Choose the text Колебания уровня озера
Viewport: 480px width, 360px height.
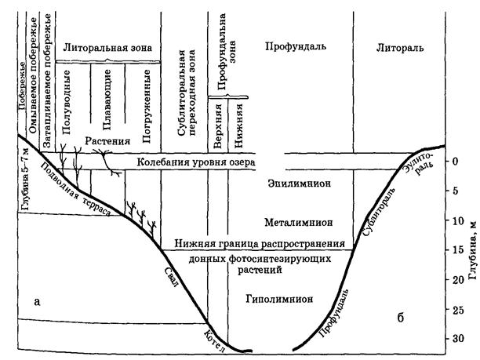click(196, 162)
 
